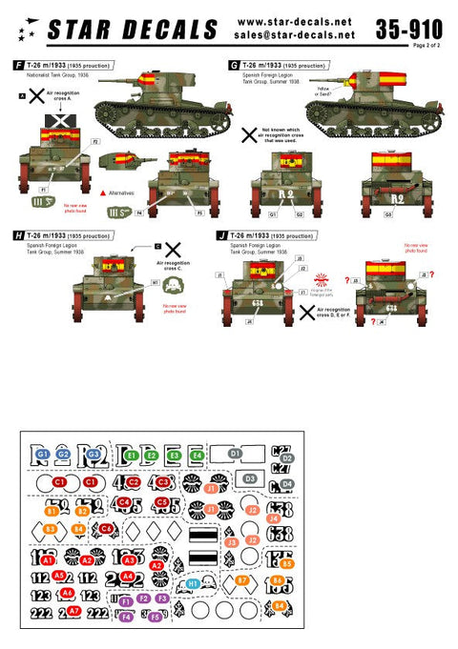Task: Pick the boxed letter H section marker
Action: [18, 233]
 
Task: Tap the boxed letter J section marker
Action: [222, 233]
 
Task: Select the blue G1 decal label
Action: [43, 456]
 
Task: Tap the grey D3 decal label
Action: [249, 477]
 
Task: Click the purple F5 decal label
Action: [156, 617]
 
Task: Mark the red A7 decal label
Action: [73, 611]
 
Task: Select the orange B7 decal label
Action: [243, 579]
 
